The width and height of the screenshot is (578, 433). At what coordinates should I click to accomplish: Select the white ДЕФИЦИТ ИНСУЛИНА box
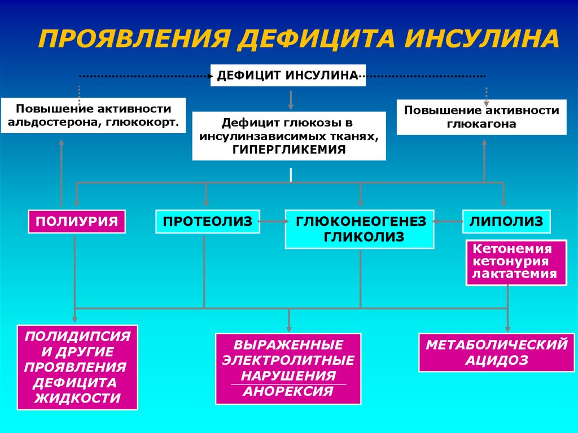(288, 75)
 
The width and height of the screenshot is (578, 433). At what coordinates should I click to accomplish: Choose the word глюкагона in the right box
(481, 124)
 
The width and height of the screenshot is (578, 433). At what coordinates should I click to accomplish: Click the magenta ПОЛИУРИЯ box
(77, 221)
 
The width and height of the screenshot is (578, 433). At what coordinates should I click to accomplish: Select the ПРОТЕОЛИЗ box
(207, 221)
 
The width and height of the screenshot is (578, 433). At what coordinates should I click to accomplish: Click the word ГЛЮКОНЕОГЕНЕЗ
(360, 221)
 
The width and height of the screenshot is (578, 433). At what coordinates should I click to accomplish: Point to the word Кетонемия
(512, 248)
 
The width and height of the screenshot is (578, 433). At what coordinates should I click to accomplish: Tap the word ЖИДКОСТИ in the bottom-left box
(78, 398)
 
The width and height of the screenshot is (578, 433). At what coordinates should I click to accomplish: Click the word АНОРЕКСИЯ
(288, 391)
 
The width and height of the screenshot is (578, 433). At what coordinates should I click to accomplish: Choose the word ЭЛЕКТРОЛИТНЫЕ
(288, 360)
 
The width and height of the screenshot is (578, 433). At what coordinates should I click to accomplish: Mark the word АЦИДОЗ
(497, 360)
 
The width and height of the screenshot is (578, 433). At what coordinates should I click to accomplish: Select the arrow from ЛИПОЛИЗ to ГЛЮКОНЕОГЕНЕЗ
(448, 222)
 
